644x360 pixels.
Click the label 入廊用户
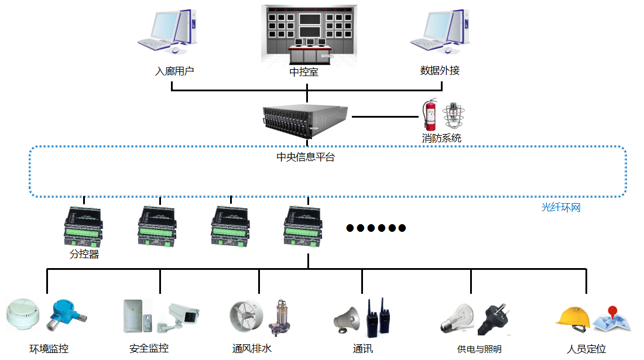coord(174,71)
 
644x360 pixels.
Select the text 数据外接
coord(440,71)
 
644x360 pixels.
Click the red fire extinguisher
coord(430,115)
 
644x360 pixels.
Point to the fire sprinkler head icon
coord(453,116)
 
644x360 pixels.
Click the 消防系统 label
coord(441,139)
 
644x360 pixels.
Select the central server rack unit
coord(306,122)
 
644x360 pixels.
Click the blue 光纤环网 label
coord(561,207)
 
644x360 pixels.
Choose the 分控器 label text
coord(84,255)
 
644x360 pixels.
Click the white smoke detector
coord(22,314)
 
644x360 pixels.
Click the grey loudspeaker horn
coord(346,319)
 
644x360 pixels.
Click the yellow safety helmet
coord(572,317)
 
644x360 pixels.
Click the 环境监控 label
coord(49,349)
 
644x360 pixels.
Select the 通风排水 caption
coord(252,349)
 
